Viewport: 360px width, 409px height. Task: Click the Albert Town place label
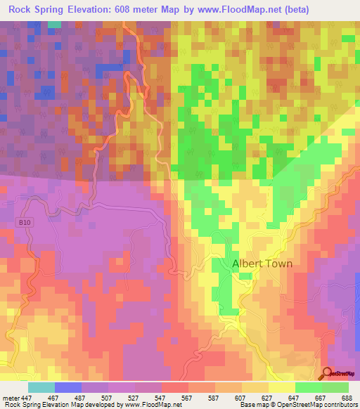[262, 264]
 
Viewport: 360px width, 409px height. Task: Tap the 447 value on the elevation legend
[26, 397]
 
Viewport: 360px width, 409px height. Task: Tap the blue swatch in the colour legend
[67, 387]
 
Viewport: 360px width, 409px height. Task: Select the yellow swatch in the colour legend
[281, 387]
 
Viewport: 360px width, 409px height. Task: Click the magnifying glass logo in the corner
[328, 374]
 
